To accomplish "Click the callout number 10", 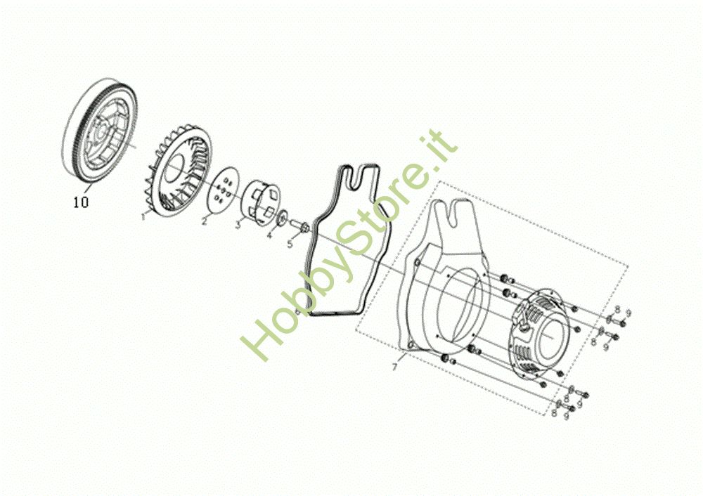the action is [x=81, y=202].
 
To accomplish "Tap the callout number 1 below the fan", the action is [x=143, y=218].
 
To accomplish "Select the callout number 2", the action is [x=205, y=221].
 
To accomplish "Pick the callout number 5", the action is [x=288, y=244].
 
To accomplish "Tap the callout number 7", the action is [x=395, y=367].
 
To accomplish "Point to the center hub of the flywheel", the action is [x=103, y=129].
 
